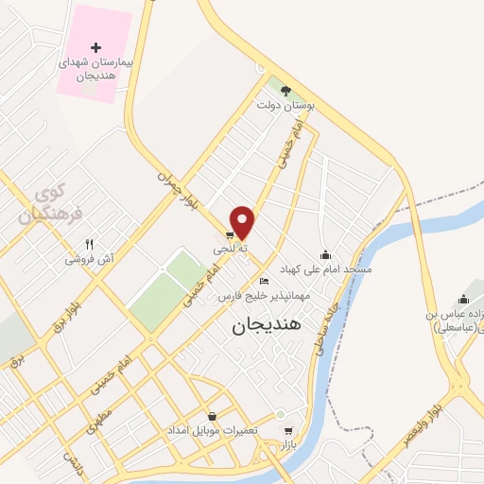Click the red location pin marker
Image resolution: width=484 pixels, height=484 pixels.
click(x=243, y=222)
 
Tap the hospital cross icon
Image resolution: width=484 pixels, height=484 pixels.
click(x=95, y=46)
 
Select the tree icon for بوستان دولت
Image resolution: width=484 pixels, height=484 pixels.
click(x=285, y=91)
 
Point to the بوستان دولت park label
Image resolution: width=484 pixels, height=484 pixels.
click(x=285, y=107)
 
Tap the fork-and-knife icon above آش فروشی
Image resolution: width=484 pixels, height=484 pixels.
click(x=89, y=243)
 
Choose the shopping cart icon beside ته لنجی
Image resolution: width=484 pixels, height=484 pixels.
click(x=230, y=235)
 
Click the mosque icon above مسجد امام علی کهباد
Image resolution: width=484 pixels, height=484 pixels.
click(x=326, y=253)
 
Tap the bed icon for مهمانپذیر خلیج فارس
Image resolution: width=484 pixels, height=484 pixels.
click(x=264, y=282)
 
